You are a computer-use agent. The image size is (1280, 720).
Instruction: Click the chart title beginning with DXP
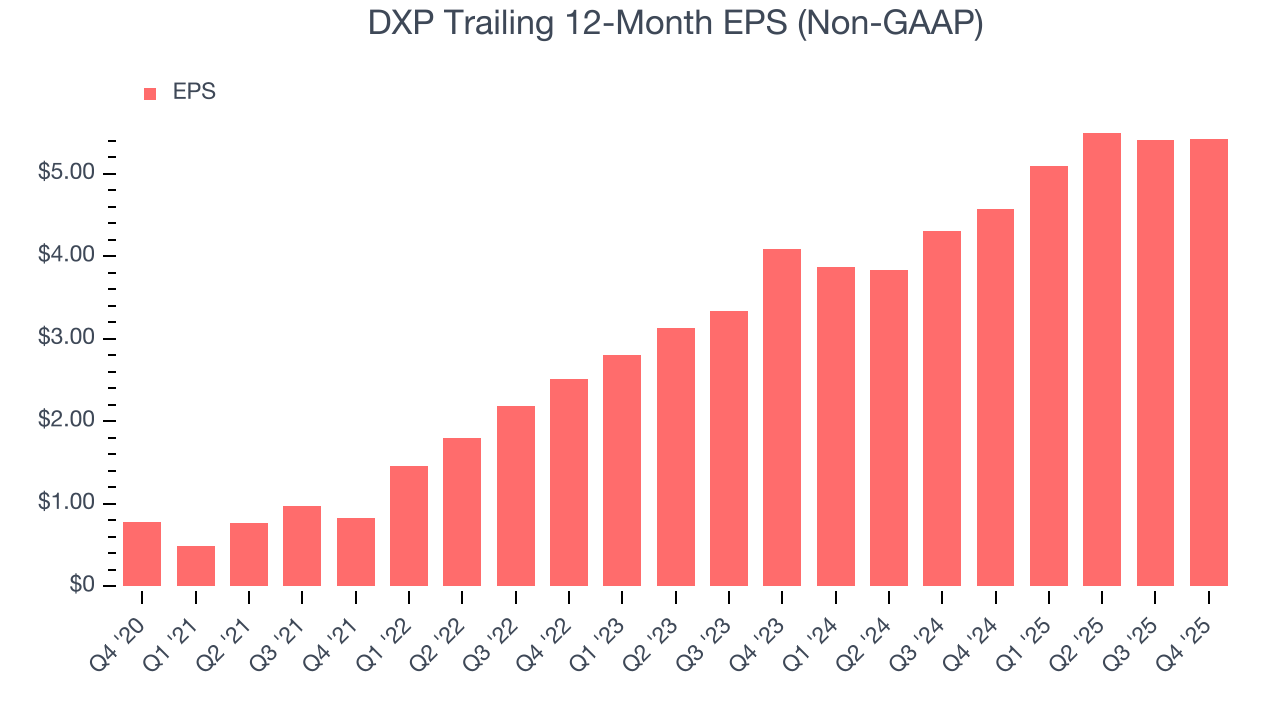pyautogui.click(x=640, y=23)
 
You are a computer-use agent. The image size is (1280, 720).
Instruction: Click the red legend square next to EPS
pyautogui.click(x=150, y=93)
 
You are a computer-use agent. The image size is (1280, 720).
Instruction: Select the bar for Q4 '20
pyautogui.click(x=142, y=554)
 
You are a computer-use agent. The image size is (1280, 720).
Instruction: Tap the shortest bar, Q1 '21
pyautogui.click(x=196, y=566)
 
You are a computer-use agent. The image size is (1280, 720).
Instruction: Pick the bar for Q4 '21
pyautogui.click(x=356, y=552)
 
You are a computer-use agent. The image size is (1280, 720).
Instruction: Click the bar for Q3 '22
pyautogui.click(x=516, y=496)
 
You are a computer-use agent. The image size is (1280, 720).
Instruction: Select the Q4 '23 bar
pyautogui.click(x=782, y=418)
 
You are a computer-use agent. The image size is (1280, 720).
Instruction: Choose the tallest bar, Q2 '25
pyautogui.click(x=1102, y=360)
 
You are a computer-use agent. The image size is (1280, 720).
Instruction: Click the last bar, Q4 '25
pyautogui.click(x=1209, y=362)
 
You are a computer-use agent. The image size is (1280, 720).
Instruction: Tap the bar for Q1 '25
pyautogui.click(x=1049, y=376)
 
